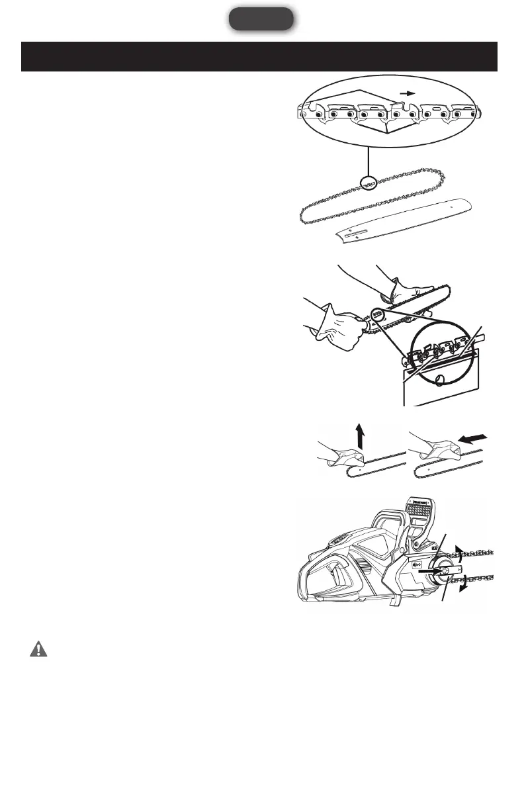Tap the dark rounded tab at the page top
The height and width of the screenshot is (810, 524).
tap(261, 19)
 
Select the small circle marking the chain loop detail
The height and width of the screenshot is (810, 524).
tap(366, 182)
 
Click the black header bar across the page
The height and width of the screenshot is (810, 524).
tap(259, 57)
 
